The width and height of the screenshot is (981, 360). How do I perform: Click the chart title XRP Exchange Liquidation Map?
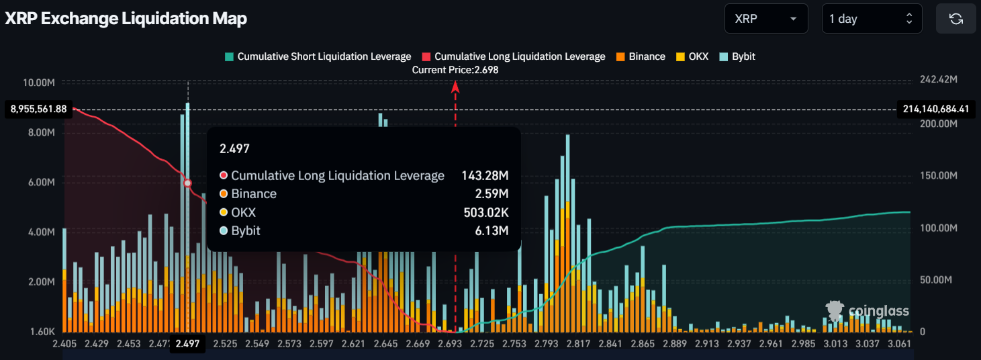coord(126,19)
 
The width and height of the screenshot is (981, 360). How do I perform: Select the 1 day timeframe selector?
coord(872,19)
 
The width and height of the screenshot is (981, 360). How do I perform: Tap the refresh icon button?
coord(956,19)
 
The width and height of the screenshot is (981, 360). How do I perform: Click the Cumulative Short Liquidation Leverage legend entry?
coord(318,56)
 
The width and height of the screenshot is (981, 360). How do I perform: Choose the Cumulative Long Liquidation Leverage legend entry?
coord(514,56)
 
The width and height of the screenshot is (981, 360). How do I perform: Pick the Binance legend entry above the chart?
coord(641,56)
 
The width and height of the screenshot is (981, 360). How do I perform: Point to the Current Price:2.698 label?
coord(455,70)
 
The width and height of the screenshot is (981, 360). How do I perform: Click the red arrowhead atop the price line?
coord(455,85)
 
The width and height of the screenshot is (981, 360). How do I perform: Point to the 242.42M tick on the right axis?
coord(937,80)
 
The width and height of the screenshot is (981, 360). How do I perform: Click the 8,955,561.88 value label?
coord(39,109)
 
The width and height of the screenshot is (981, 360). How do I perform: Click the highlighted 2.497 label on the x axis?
coord(187,344)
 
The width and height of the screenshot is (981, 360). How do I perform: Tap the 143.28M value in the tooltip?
coord(484,176)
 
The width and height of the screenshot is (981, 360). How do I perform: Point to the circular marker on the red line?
coord(188,183)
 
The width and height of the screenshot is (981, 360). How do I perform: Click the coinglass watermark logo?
coord(868,310)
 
